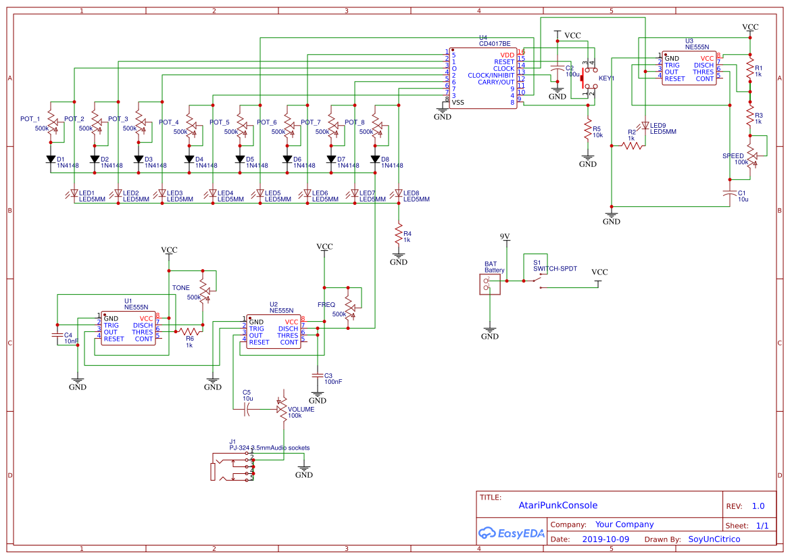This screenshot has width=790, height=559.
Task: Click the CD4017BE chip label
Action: pyautogui.click(x=494, y=43)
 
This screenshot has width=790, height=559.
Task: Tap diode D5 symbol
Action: pyautogui.click(x=240, y=160)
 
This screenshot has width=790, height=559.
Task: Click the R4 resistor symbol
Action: pyautogui.click(x=399, y=233)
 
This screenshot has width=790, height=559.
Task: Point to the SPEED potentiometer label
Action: pyautogui.click(x=733, y=156)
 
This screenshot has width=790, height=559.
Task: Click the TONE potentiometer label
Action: pyautogui.click(x=180, y=288)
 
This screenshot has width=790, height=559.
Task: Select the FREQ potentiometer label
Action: pyautogui.click(x=326, y=305)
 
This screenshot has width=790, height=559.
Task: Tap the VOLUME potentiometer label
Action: pyautogui.click(x=301, y=409)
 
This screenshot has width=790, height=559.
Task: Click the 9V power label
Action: pyautogui.click(x=505, y=236)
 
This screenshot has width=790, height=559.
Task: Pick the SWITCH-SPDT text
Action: pyautogui.click(x=555, y=268)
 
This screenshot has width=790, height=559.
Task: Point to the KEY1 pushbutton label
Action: pyautogui.click(x=606, y=78)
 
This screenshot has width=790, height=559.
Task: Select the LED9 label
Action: pyautogui.click(x=658, y=125)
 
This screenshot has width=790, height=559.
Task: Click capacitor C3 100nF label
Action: pyautogui.click(x=332, y=382)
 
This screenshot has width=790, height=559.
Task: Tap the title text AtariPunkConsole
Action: pyautogui.click(x=558, y=505)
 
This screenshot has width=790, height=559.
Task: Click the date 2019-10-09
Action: pyautogui.click(x=605, y=539)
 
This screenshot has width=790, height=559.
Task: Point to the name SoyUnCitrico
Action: pyautogui.click(x=714, y=539)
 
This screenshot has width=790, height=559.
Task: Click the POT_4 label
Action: pyautogui.click(x=168, y=122)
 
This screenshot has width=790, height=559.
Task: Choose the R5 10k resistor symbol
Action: pyautogui.click(x=588, y=130)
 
